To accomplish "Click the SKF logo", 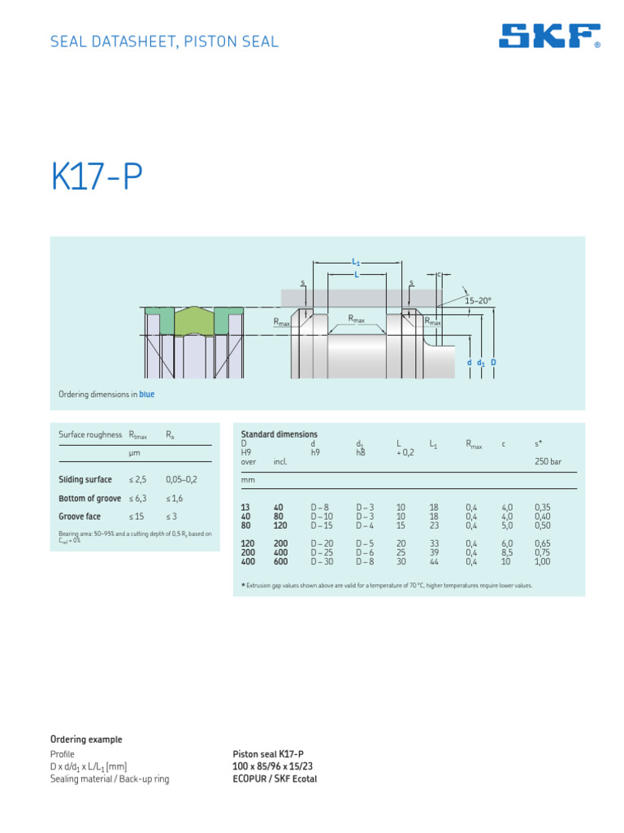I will pos(549,36).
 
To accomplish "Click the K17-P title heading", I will pos(97,178).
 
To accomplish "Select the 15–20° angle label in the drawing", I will pos(479,301).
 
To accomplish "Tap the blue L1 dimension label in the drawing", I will pos(356,262).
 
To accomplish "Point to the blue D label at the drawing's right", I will pos(493,362).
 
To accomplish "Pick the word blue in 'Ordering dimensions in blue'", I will pos(146,395).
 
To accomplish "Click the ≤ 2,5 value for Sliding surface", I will pos(139,480).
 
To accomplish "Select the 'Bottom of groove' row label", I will pos(89,499).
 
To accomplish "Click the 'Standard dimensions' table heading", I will pos(279,434).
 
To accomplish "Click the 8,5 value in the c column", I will pos(506,552).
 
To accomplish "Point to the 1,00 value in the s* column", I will pos(542,561).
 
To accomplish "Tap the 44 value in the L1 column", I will pos(433,561).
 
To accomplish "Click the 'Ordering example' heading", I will pos(86,739).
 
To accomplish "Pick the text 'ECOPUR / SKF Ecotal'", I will pos(275,778).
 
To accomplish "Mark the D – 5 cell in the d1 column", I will pos(365,543).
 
